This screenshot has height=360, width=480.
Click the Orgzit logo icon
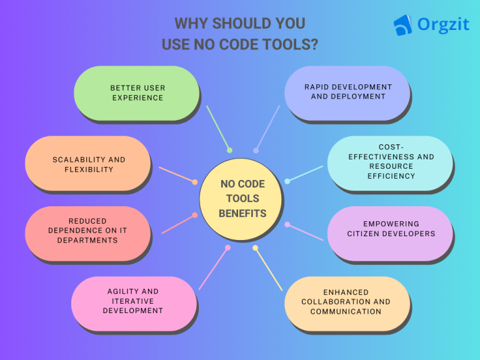[x=402, y=25]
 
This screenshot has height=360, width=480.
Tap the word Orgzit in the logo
[x=443, y=25]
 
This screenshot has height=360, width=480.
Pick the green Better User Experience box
[x=136, y=93]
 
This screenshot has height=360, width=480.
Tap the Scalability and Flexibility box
[x=87, y=164]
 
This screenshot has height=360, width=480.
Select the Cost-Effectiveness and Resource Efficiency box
[x=390, y=164]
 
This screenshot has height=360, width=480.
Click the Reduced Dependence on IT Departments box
[x=87, y=234]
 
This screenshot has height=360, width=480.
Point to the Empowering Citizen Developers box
[x=390, y=234]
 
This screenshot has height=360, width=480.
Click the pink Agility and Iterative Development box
[x=134, y=304]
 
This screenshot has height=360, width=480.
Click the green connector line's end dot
[x=229, y=150]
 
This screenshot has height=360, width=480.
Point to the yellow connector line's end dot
[x=255, y=248]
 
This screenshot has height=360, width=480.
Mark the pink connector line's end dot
[x=227, y=247]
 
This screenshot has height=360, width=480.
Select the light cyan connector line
[x=305, y=174]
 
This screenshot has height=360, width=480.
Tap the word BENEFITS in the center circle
[x=242, y=213]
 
